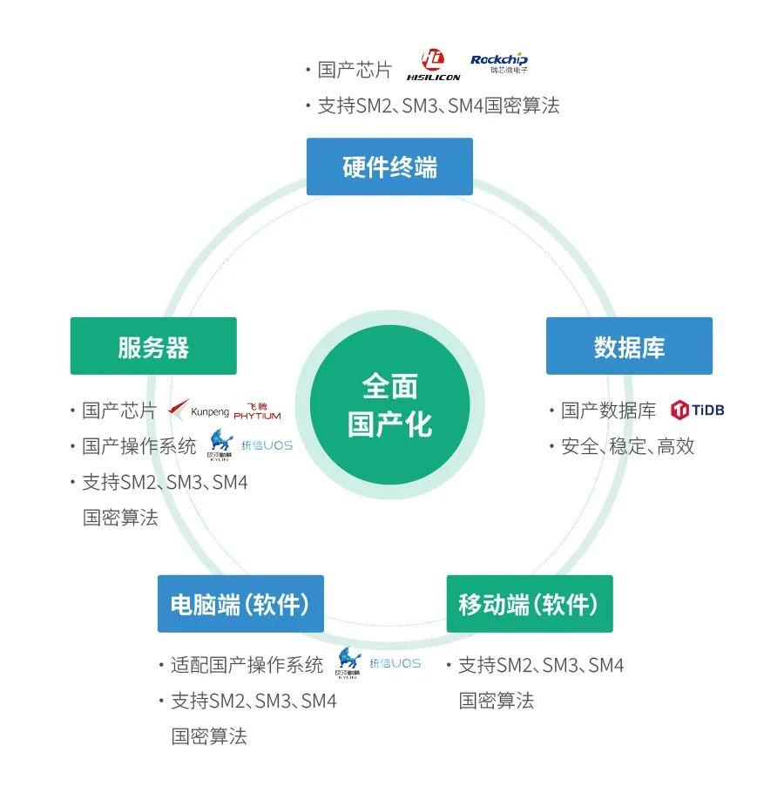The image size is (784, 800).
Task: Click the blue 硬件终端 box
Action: [x=389, y=166]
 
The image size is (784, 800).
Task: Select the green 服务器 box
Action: [x=153, y=346]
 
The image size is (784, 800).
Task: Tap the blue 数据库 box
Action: [x=629, y=346]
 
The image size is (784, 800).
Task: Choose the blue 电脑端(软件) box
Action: [x=240, y=604]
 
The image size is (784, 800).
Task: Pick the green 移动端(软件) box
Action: [x=529, y=604]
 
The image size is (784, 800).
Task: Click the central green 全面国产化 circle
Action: [x=389, y=405]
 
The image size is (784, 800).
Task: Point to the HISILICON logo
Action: [x=433, y=66]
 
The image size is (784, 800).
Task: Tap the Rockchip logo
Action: [x=498, y=63]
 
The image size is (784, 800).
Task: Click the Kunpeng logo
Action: [x=198, y=410]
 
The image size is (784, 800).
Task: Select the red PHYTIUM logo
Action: [x=257, y=410]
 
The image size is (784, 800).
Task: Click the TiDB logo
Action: [x=698, y=410]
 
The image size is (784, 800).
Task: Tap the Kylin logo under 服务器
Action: [x=220, y=445]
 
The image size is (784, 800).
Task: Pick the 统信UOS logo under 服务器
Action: [x=267, y=445]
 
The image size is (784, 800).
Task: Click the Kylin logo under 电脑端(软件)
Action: [x=349, y=663]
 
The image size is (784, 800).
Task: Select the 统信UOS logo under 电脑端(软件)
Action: [x=395, y=663]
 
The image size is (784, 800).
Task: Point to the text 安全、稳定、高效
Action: [x=627, y=446]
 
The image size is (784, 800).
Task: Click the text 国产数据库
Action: [x=608, y=410]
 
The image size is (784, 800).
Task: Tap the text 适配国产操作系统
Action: [x=247, y=664]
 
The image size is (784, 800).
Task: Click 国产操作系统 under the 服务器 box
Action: [x=139, y=446]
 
